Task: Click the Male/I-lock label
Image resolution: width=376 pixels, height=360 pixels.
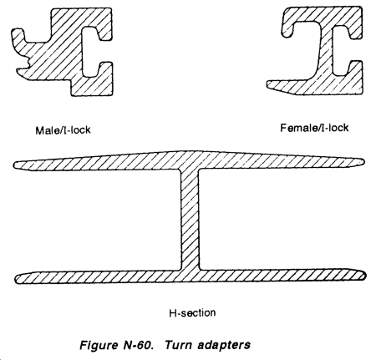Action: [63, 130]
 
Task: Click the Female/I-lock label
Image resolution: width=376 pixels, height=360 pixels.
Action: [314, 128]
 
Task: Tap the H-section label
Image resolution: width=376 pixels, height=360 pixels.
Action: [192, 313]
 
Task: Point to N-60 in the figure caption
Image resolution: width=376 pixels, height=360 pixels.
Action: [138, 345]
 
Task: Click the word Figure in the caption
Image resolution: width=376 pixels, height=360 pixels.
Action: [99, 346]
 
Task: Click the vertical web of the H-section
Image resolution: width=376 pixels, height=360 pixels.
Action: [190, 220]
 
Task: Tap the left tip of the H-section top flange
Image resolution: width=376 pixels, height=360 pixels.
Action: [13, 165]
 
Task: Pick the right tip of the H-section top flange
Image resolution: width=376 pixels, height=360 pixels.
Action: [363, 162]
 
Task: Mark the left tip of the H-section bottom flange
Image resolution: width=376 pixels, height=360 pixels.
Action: [15, 279]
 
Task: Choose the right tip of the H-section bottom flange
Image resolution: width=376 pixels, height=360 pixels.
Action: [365, 275]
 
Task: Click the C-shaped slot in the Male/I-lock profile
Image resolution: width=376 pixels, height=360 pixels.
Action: [89, 52]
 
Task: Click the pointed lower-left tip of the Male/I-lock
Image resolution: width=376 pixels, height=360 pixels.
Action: [18, 72]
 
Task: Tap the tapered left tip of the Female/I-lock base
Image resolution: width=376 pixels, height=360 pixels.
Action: [268, 84]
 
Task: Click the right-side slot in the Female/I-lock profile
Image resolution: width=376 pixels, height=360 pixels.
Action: [340, 51]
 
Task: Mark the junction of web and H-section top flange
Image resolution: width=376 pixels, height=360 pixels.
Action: [190, 169]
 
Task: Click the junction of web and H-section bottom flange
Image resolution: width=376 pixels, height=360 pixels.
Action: [190, 271]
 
